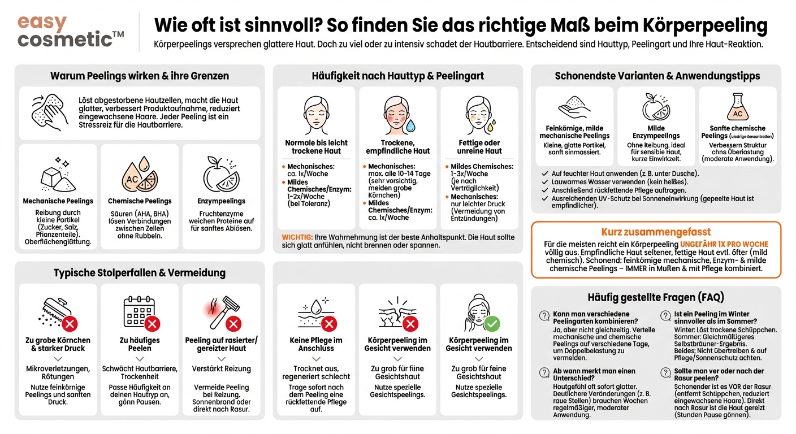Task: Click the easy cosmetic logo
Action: click(x=70, y=32)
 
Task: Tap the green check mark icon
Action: click(x=492, y=323)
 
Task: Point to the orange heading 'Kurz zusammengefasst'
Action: click(x=656, y=232)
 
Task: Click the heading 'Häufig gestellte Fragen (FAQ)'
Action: click(x=656, y=297)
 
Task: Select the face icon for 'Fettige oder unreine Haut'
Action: click(x=479, y=112)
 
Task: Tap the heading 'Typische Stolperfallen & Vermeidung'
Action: click(x=140, y=273)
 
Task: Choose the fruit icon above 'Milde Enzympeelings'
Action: click(x=656, y=106)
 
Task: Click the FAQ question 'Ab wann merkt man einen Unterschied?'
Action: click(x=586, y=375)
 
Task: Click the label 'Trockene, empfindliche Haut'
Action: click(x=398, y=147)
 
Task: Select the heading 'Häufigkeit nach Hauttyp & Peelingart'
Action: click(x=397, y=76)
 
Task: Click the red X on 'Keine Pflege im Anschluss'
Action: click(x=329, y=323)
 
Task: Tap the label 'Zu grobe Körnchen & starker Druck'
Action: click(x=58, y=344)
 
